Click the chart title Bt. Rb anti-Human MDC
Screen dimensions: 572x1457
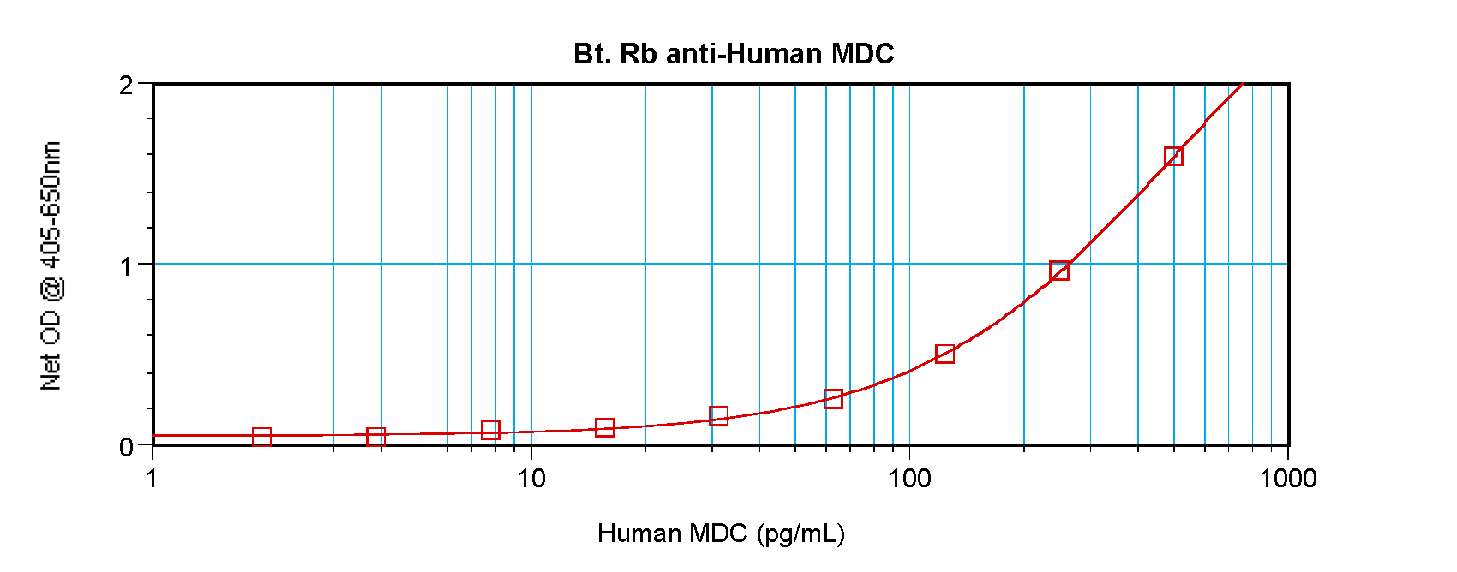pos(734,54)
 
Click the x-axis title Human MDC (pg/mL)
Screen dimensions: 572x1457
pos(721,533)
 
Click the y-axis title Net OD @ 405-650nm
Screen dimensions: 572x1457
pos(51,265)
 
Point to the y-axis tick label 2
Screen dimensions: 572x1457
pos(127,85)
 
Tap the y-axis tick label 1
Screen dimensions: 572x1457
pos(127,265)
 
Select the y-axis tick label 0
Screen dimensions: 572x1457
pos(127,447)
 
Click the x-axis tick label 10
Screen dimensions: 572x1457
pos(531,478)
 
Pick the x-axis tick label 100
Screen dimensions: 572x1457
pos(909,478)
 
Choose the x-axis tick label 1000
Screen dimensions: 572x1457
pos(1287,478)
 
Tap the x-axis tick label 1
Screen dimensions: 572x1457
pos(153,478)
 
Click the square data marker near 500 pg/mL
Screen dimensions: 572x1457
pos(1173,156)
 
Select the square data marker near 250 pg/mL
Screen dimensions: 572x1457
pos(1059,271)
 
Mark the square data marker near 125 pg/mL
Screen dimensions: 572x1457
pos(944,354)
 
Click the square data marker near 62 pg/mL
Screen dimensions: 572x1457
pos(833,398)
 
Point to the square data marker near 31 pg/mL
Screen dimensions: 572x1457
pos(718,415)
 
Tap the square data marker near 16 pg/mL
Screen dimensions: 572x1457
pos(604,427)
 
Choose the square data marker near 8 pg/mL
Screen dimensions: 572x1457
pos(490,430)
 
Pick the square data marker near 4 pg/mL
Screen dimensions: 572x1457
pos(375,437)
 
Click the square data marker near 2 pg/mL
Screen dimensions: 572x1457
pos(261,437)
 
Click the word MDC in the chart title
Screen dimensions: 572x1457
pos(862,54)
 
